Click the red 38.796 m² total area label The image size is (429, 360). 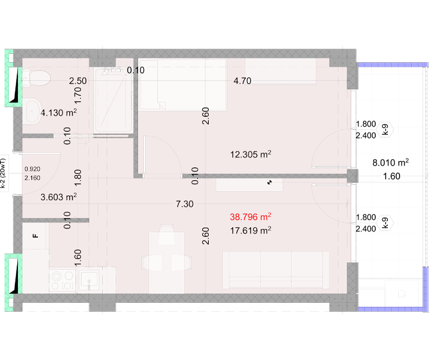(x=250, y=217)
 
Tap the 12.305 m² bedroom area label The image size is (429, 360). (x=250, y=155)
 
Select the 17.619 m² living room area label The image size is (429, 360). (x=250, y=230)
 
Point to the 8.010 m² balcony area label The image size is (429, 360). (x=390, y=162)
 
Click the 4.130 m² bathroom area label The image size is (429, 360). (x=58, y=112)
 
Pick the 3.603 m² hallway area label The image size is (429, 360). (x=58, y=197)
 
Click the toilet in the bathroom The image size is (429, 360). (x=37, y=78)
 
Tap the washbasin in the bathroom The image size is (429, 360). (x=33, y=111)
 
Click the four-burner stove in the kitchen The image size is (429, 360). (x=63, y=280)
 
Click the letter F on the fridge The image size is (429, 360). (x=35, y=236)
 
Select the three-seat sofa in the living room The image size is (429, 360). (x=276, y=270)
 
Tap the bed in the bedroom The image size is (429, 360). (x=183, y=85)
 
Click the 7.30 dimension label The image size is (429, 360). (x=184, y=204)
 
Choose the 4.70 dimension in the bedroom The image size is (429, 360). (x=242, y=81)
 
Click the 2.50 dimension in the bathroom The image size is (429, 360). (x=78, y=81)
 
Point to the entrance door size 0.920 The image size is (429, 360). (x=32, y=169)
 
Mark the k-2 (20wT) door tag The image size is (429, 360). (x=3, y=173)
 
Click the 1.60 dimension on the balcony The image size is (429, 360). (x=392, y=176)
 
